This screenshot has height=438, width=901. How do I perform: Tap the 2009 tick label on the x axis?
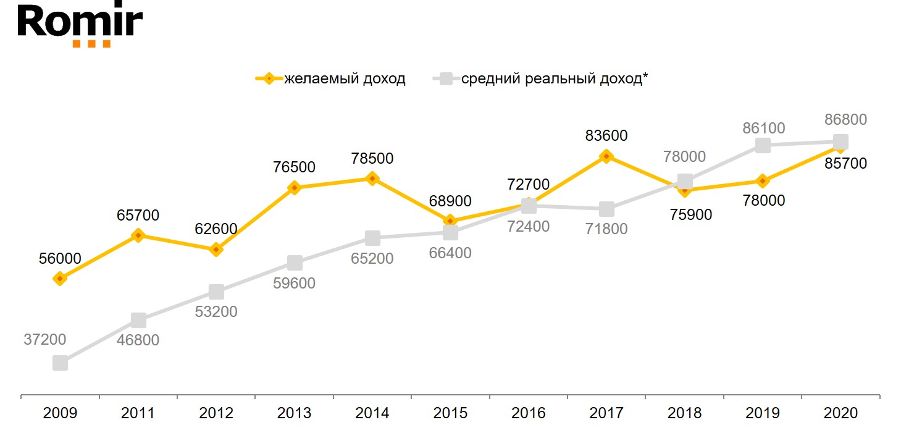[x=60, y=413]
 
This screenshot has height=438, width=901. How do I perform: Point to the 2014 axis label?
[x=372, y=413]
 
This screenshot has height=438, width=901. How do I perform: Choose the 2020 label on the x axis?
[x=840, y=413]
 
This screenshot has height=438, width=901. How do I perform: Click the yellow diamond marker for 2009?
[x=60, y=279]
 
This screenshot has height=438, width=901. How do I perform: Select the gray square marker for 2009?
[x=60, y=363]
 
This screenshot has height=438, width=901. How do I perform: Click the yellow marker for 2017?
[x=606, y=156]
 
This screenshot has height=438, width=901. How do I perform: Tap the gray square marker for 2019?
[x=763, y=145]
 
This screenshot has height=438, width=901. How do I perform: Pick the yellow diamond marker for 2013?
[x=295, y=188]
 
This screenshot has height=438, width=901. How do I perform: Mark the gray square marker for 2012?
[x=216, y=292]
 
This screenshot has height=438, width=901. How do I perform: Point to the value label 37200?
[x=44, y=339]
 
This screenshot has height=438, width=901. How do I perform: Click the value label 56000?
[x=60, y=259]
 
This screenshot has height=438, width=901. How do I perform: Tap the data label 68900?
[x=450, y=201]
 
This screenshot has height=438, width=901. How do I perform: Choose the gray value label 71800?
[x=606, y=229]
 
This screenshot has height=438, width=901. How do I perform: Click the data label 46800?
[x=138, y=340]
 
